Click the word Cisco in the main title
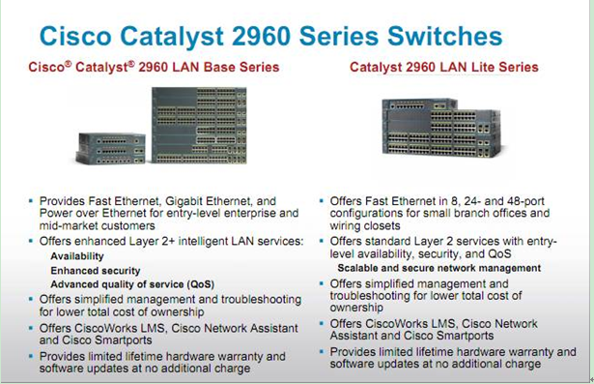pos(79,36)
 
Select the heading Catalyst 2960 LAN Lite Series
pos(443,68)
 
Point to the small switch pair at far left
pos(112,148)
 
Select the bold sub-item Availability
pos(77,256)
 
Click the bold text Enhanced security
pos(95,271)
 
